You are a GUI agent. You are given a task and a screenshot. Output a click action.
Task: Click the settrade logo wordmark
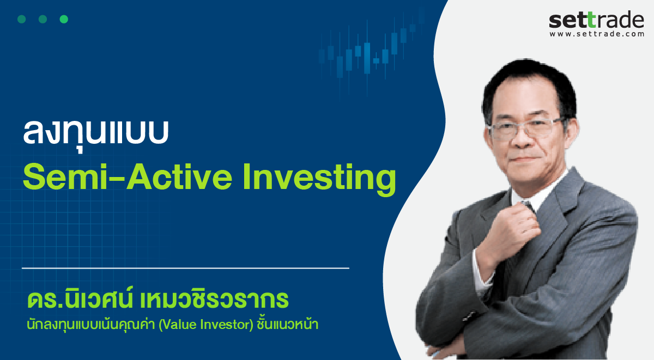[596, 20]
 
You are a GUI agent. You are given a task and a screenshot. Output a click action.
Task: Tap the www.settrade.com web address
[596, 34]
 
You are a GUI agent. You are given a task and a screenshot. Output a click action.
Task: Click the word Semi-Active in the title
[128, 177]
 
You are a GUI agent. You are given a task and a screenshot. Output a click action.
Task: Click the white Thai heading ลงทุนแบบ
[96, 133]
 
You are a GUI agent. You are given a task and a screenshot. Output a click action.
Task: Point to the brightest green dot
[64, 19]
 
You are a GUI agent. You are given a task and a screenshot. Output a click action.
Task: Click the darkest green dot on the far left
[22, 19]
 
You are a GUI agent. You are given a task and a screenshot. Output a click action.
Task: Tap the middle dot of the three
[43, 19]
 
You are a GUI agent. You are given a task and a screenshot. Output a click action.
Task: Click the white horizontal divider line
[185, 268]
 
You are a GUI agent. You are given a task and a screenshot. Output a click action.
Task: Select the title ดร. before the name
[46, 300]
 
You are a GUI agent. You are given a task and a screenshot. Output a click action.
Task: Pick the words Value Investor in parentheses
[205, 325]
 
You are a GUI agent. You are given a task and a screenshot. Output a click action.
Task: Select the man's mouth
[525, 159]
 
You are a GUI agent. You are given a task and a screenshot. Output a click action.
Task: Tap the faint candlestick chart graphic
[371, 52]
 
